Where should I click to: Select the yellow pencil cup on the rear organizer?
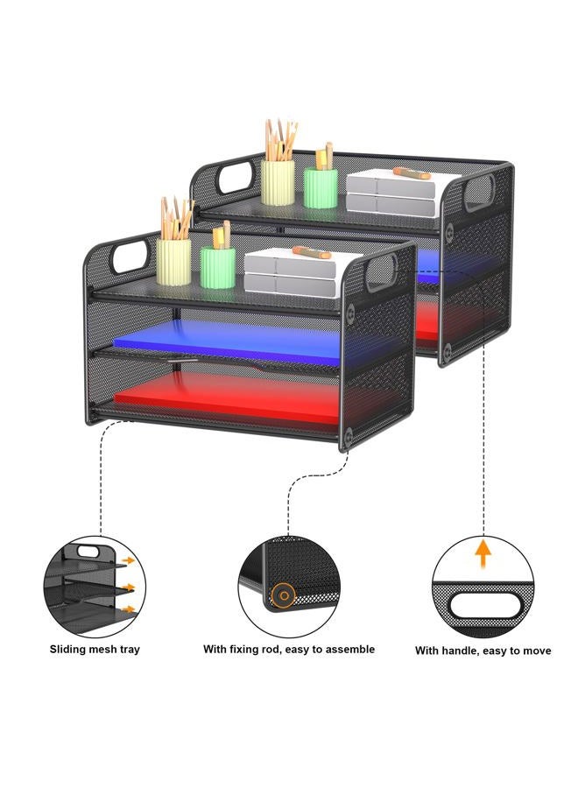[278, 182]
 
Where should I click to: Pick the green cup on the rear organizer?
[321, 188]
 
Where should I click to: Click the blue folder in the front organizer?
[226, 341]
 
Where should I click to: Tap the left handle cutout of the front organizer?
[130, 256]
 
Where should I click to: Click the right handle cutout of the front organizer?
[380, 273]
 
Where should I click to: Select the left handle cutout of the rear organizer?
[234, 177]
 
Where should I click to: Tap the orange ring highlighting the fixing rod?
[284, 595]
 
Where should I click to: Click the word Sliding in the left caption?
[67, 650]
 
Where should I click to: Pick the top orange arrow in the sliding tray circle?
[129, 559]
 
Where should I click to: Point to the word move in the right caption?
[538, 651]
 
